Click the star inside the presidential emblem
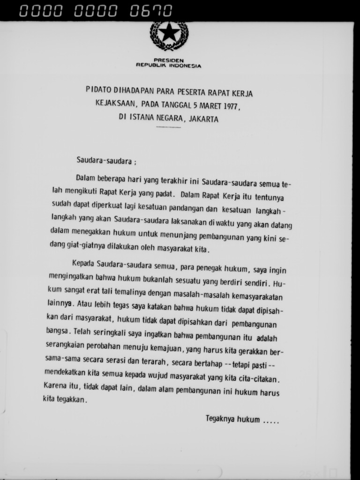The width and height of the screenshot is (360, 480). point(169,32)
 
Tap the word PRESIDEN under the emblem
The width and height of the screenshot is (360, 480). point(169,60)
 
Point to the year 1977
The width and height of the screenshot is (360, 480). point(231,105)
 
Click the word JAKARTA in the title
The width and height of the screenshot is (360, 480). point(204,119)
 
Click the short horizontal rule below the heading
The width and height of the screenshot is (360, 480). point(168,127)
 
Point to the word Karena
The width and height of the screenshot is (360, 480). point(55,386)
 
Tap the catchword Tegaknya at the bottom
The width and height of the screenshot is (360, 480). point(220,419)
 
